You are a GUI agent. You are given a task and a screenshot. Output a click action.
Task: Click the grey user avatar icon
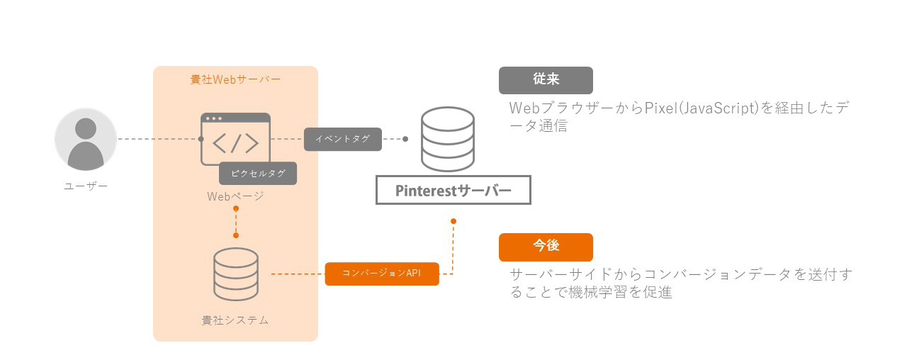pyautogui.click(x=86, y=140)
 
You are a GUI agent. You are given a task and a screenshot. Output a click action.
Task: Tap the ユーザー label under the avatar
pyautogui.click(x=86, y=186)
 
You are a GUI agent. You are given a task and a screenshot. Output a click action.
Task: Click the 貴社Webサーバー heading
pyautogui.click(x=235, y=79)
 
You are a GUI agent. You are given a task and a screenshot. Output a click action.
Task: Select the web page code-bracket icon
pyautogui.click(x=235, y=140)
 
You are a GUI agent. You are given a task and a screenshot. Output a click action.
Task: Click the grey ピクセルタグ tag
pyautogui.click(x=257, y=174)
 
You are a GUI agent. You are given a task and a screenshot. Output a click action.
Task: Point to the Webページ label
pyautogui.click(x=235, y=196)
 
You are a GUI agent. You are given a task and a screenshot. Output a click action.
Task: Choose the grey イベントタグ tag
pyautogui.click(x=343, y=139)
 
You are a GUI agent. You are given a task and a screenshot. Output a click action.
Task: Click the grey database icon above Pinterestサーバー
pyautogui.click(x=447, y=140)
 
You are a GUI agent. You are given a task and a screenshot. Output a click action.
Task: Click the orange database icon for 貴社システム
pyautogui.click(x=235, y=274)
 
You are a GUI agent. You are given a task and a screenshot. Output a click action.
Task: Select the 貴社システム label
pyautogui.click(x=235, y=320)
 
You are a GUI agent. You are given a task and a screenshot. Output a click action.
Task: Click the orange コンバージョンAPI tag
pyautogui.click(x=382, y=274)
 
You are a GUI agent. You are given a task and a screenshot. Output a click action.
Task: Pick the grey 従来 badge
pyautogui.click(x=546, y=80)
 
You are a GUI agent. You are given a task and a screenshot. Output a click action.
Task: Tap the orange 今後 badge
pyautogui.click(x=546, y=247)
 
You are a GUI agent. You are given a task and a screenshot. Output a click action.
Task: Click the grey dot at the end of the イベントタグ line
pyautogui.click(x=405, y=139)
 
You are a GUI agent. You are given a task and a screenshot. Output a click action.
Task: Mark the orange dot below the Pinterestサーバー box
pyautogui.click(x=453, y=221)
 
